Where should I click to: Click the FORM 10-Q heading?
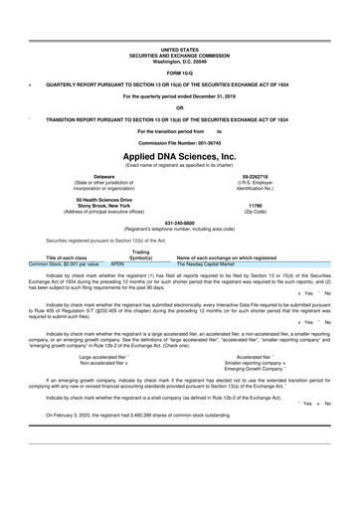pos(180,74)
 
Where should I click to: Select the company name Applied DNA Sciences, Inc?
pos(180,157)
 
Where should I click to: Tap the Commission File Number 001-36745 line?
pos(180,141)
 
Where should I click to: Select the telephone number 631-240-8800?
pos(179,222)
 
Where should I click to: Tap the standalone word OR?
pos(180,108)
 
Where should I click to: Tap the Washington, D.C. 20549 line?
pos(180,61)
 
